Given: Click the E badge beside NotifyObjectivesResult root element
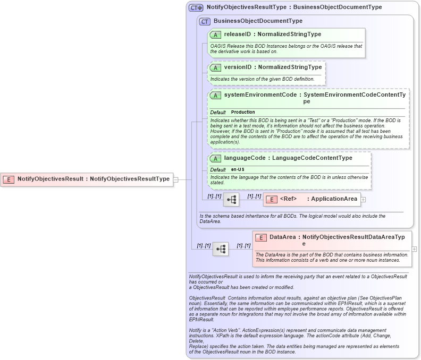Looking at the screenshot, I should (9, 179).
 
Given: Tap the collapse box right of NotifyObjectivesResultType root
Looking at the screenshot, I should (175, 179).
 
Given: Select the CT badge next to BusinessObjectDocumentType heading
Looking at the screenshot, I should (205, 21).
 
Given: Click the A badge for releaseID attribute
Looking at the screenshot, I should (215, 35).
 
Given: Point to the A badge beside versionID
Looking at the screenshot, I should (215, 67).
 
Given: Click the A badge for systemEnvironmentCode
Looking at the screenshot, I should (215, 95).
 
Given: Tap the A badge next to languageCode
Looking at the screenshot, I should (215, 158).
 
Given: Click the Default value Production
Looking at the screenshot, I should (243, 113).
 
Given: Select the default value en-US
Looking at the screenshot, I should (238, 169).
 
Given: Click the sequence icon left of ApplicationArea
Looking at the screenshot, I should (231, 199).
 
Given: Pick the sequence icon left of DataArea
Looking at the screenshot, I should (221, 248).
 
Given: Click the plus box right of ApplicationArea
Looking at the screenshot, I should (364, 199).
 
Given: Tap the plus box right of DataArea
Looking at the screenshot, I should (414, 248).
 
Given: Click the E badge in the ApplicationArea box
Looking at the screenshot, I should (271, 199).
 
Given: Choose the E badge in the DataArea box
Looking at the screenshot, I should (260, 237).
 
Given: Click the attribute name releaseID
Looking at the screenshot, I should (237, 35).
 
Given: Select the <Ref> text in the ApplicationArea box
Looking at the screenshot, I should (288, 199).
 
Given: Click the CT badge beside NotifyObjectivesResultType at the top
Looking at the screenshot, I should (196, 8).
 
